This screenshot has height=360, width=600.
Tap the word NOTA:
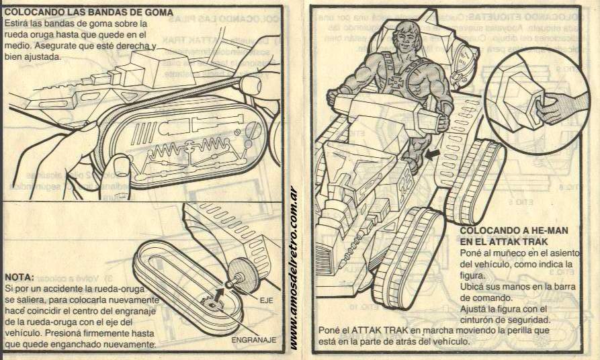coord(19,277)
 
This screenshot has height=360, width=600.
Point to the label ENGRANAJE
coord(253,340)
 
